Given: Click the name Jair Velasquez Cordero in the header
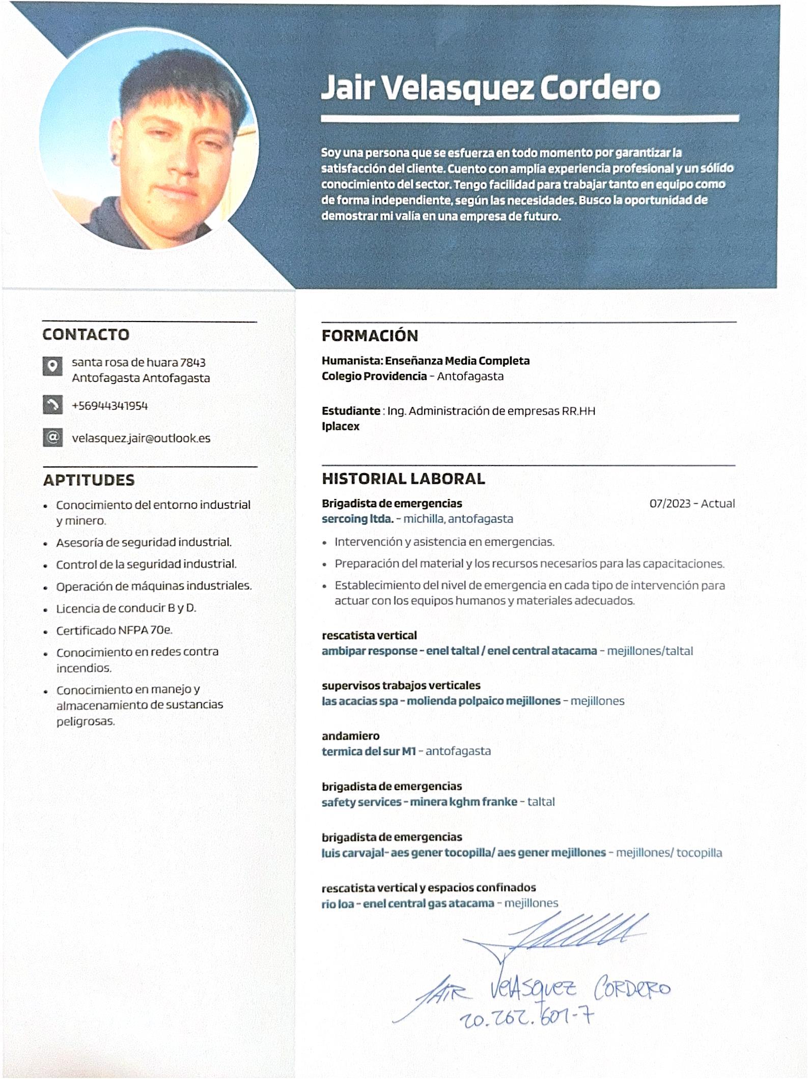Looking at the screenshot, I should pos(490,88).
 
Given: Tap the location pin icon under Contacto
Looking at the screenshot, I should pos(52,366).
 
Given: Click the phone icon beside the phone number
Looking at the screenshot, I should pos(52,405).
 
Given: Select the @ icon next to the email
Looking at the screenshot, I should pos(52,438).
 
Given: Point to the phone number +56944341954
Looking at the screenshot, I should pos(110,406).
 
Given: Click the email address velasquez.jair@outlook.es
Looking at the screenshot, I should pos(141,439).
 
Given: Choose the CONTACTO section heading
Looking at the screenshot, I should pos(86,335).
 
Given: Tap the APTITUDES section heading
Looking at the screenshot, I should pos(89,480).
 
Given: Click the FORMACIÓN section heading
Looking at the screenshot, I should pos(370,336).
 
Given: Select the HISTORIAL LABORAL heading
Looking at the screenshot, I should pos(403,479).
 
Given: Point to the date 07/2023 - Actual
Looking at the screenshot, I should pos(692,504).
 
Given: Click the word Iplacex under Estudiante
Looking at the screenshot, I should pos(341,426).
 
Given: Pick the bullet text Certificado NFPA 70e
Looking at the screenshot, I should pos(115,630).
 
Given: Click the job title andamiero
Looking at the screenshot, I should pos(350,736).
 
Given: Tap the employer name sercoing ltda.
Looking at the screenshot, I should pos(357,519).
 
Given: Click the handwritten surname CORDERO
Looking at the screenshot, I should pos(632,989).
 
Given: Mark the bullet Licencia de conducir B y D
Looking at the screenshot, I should pos(126,608).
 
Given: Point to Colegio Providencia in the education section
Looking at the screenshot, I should pos(374,376).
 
